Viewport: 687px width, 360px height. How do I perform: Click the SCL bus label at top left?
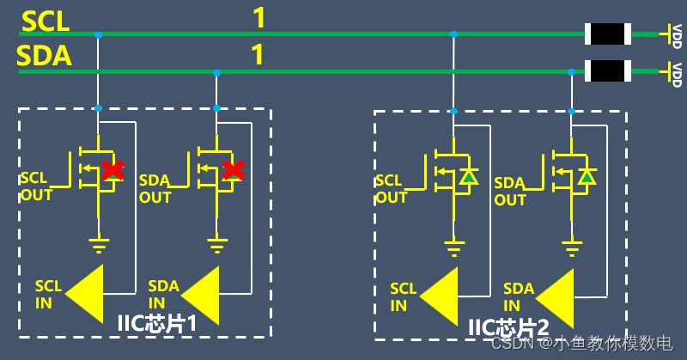46,21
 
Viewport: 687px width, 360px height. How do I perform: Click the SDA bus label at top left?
44,56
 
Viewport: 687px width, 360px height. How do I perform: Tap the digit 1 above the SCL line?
259,18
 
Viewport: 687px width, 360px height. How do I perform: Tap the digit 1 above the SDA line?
258,54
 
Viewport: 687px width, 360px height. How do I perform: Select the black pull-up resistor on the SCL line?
608,34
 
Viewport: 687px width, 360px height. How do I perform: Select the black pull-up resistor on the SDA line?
608,71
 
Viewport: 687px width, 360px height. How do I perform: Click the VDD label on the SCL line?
677,36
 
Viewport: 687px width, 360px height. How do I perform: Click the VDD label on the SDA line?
677,75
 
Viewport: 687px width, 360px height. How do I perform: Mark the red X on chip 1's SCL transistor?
113,170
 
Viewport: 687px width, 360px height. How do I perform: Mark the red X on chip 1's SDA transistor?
233,170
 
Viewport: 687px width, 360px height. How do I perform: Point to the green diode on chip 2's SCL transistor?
469,176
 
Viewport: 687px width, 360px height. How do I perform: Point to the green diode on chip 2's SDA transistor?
587,176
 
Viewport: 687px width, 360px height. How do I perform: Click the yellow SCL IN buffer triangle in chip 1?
84,293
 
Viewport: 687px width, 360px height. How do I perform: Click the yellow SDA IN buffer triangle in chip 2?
555,298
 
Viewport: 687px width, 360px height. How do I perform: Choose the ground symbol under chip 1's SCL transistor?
99,246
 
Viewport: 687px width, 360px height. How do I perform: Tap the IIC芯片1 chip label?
157,324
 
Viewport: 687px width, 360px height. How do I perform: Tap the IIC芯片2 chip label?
508,327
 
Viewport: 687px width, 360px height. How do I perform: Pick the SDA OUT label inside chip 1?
155,188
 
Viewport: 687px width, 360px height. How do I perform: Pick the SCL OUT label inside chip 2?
392,189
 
